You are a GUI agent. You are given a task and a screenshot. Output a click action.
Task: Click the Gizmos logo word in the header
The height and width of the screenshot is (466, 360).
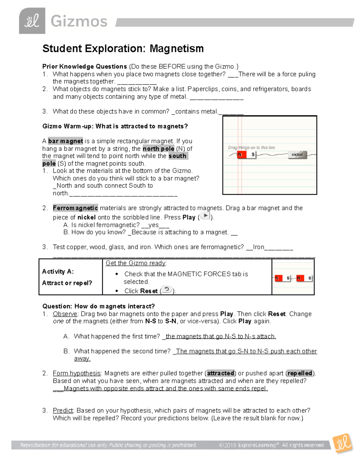(x=79, y=22)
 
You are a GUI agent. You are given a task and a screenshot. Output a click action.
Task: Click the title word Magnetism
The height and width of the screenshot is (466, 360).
(x=177, y=48)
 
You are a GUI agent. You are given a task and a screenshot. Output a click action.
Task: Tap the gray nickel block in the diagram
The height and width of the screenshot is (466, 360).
(x=297, y=155)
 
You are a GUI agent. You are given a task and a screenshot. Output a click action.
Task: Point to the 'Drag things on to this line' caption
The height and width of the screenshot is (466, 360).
(x=251, y=147)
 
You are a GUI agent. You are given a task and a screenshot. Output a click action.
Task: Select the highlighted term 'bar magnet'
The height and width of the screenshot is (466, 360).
(x=65, y=141)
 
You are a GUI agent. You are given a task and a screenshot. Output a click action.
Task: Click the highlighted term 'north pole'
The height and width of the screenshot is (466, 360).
(x=158, y=149)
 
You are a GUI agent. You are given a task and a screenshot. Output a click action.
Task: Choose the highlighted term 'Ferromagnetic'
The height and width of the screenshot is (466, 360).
(x=75, y=208)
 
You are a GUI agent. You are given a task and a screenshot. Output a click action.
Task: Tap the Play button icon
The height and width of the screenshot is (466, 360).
(x=205, y=216)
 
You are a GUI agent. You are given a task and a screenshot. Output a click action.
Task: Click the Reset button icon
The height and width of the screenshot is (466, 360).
(x=167, y=290)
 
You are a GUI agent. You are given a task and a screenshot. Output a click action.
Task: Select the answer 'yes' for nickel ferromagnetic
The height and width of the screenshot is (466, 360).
(x=153, y=225)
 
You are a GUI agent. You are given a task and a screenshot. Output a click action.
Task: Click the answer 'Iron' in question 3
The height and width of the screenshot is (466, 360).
(x=258, y=247)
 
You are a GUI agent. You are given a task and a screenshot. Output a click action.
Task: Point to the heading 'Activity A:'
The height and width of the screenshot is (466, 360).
(x=58, y=272)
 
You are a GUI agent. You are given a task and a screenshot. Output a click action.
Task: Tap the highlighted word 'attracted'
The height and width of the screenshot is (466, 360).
(x=220, y=373)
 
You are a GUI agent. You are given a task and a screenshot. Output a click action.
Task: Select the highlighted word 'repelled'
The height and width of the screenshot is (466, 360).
(x=300, y=373)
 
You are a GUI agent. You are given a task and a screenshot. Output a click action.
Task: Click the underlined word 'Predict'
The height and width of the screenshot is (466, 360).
(x=63, y=410)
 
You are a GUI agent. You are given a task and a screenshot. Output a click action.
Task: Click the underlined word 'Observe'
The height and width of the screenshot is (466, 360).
(x=65, y=314)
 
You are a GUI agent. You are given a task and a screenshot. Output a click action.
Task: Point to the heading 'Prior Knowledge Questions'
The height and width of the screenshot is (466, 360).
(x=85, y=67)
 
